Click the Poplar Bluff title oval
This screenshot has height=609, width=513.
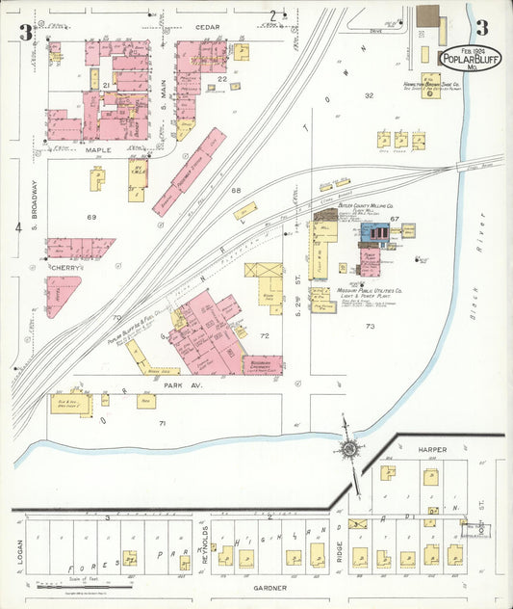(470, 58)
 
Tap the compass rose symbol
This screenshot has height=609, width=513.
(347, 447)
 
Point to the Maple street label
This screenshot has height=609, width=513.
(98, 150)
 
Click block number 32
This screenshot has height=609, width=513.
(369, 96)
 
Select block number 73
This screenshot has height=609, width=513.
(370, 327)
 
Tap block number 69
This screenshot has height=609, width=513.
(91, 218)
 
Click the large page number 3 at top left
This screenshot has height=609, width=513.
(26, 31)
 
